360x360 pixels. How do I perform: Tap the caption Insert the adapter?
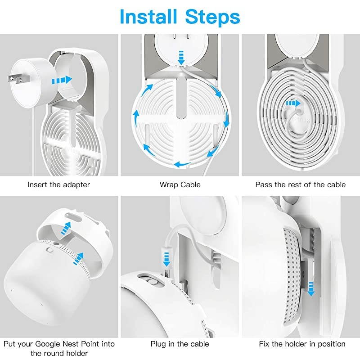(x=59, y=184)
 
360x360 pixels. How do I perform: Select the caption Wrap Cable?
(x=180, y=184)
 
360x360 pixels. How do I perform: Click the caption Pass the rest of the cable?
(x=301, y=184)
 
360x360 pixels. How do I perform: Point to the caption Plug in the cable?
(x=180, y=344)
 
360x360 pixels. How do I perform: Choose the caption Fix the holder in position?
(x=302, y=344)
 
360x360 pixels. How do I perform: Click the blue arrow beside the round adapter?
(x=62, y=80)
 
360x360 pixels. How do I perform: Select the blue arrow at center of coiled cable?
(x=293, y=103)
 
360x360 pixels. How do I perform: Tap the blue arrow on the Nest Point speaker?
(x=79, y=259)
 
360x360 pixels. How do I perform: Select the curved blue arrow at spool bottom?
(x=184, y=164)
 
